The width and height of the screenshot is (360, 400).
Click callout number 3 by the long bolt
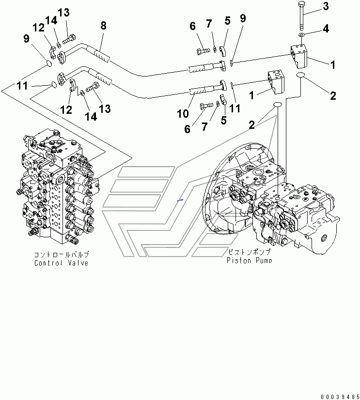[x=326, y=6]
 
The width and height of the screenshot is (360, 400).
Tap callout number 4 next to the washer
[x=326, y=29]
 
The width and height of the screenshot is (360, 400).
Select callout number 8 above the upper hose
[x=103, y=25]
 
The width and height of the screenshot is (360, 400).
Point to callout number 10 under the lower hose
[x=183, y=113]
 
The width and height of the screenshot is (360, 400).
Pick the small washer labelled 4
[x=301, y=35]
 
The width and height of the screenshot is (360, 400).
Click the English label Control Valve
[x=61, y=263]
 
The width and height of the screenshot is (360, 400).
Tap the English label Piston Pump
[x=249, y=260]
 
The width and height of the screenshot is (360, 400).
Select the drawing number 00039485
[x=340, y=397]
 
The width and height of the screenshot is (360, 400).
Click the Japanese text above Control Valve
[x=62, y=254]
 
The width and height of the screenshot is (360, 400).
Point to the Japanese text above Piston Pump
[x=249, y=252]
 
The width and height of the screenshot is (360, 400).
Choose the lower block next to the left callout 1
[x=276, y=83]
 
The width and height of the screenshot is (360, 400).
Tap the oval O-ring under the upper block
[x=301, y=75]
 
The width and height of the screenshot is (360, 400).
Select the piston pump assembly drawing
[x=271, y=199]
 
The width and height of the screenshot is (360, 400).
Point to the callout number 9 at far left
[x=26, y=39]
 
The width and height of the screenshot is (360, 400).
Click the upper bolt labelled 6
[x=203, y=51]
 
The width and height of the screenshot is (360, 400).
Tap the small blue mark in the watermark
[x=180, y=200]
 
